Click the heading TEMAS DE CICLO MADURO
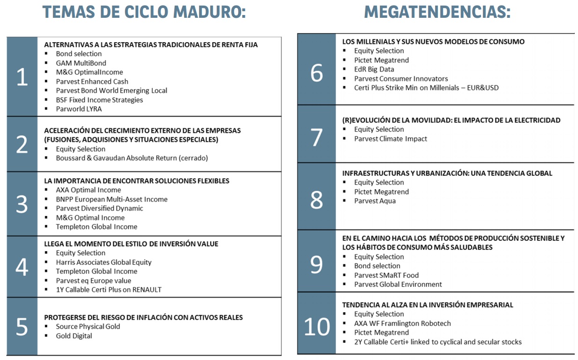tap(144, 12)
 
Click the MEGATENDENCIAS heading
tap(437, 12)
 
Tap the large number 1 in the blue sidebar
tap(22, 77)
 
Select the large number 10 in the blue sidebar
tap(317, 327)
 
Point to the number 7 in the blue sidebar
tap(317, 137)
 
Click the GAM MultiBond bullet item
tap(81, 63)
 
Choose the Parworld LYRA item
tap(79, 109)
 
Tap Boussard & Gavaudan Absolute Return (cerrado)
tap(132, 158)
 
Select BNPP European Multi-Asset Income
tap(111, 199)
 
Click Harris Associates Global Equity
tap(104, 262)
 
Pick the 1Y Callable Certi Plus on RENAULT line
tap(109, 290)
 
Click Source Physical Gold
tap(88, 326)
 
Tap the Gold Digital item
tap(74, 336)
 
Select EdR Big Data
tap(374, 69)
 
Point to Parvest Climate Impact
tap(391, 139)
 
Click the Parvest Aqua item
tap(375, 201)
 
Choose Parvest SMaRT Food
tap(386, 275)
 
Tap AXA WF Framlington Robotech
tap(402, 323)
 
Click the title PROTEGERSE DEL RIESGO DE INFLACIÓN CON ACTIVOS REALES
tap(143, 317)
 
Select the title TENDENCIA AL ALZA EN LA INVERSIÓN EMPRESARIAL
tap(428, 305)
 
